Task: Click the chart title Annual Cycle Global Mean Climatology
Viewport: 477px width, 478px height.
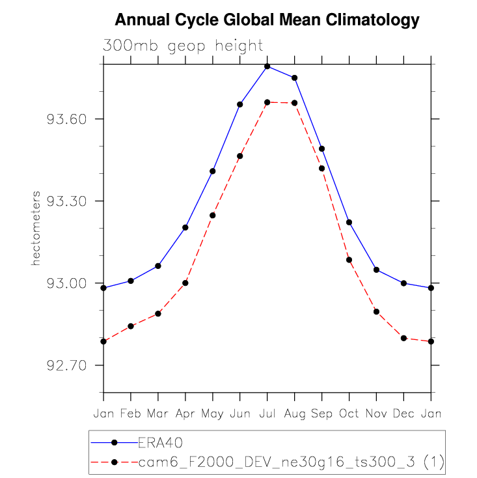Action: (266, 20)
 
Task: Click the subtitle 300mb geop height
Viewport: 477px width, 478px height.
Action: (183, 46)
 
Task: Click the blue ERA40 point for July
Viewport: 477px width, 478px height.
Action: (267, 66)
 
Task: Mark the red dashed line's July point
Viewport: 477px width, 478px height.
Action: (267, 102)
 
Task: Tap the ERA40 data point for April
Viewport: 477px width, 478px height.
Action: (185, 227)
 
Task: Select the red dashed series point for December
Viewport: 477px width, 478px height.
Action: (403, 338)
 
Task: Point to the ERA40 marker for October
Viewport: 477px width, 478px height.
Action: (349, 223)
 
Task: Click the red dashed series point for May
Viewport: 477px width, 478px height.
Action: (213, 215)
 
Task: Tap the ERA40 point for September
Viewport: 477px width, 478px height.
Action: (321, 149)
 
